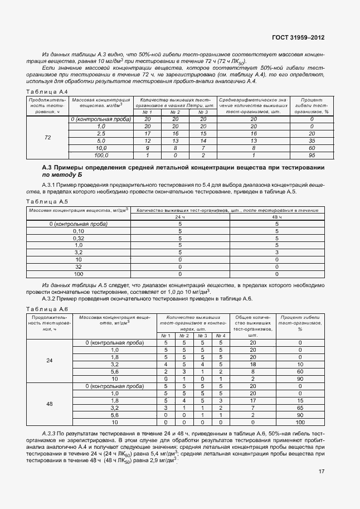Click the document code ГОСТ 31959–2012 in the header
[x=298, y=38]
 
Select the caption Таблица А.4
[x=47, y=91]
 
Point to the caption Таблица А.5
[x=47, y=201]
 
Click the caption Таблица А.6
[x=47, y=309]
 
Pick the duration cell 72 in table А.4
[x=47, y=137]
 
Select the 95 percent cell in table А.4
[x=312, y=156]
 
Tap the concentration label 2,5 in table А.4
[x=101, y=134]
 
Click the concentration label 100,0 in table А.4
[x=101, y=156]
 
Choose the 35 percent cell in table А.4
[x=312, y=141]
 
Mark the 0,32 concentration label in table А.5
[x=79, y=238]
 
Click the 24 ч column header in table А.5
[x=180, y=217]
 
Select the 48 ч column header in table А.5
[x=276, y=217]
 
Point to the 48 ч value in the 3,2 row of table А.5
[x=276, y=253]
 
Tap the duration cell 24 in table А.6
[x=49, y=361]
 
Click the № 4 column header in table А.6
[x=221, y=336]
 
